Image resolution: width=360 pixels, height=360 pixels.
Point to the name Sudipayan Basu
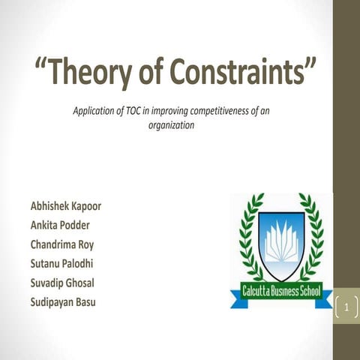(66, 301)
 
